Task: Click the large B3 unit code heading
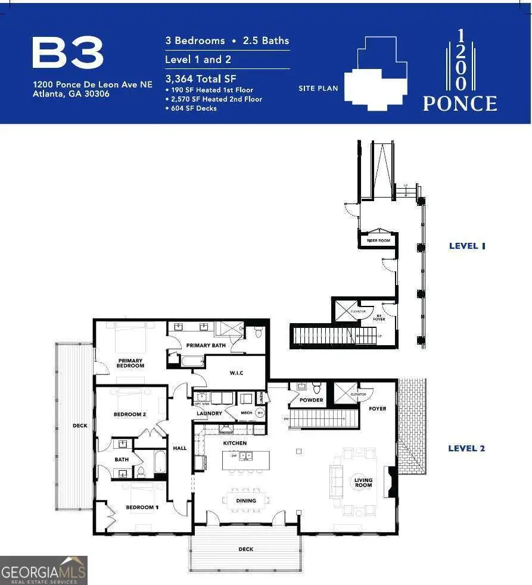68,54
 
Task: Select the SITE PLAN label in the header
318,89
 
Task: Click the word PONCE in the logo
459,104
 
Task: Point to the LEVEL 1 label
467,246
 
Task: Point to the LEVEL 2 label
466,448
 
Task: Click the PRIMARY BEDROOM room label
130,363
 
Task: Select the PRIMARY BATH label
206,345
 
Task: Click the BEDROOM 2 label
130,414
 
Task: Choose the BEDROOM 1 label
142,507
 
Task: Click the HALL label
179,448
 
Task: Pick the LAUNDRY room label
209,413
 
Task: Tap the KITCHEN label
235,443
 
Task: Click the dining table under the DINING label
247,501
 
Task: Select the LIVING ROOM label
363,482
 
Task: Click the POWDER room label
311,400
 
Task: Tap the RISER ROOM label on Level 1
378,240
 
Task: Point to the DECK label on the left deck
80,426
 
